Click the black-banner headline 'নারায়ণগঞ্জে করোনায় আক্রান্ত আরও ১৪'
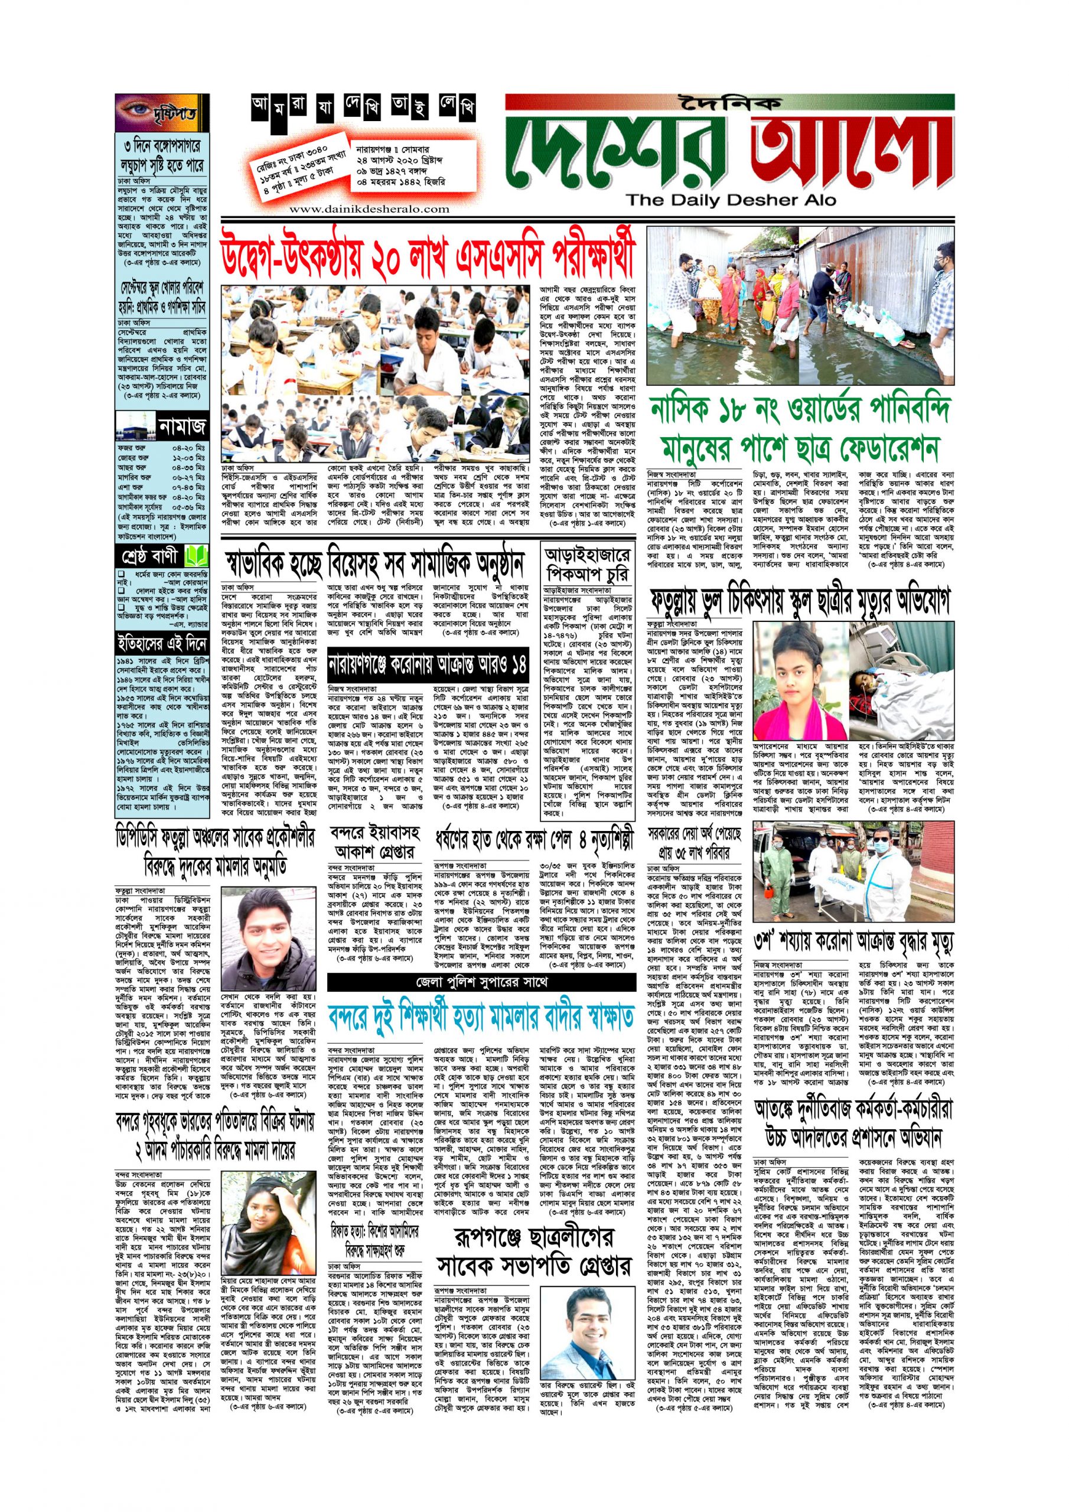pos(428,660)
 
